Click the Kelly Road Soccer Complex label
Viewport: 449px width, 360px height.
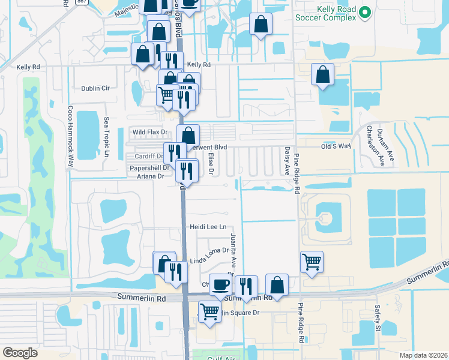coord(325,12)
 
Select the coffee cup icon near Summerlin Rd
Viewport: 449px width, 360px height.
coord(220,284)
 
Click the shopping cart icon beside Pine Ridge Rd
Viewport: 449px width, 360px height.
coord(312,261)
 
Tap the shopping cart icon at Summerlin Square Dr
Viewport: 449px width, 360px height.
coord(209,311)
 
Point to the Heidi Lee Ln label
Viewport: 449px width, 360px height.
coord(208,227)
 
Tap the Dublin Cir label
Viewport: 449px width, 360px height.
coord(95,88)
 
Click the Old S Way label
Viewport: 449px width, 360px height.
coord(336,146)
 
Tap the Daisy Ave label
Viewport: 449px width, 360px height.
coord(287,159)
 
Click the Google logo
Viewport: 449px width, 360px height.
coord(20,353)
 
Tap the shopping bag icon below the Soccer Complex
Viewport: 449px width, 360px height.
coord(322,75)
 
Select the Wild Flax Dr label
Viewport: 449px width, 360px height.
coord(149,131)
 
